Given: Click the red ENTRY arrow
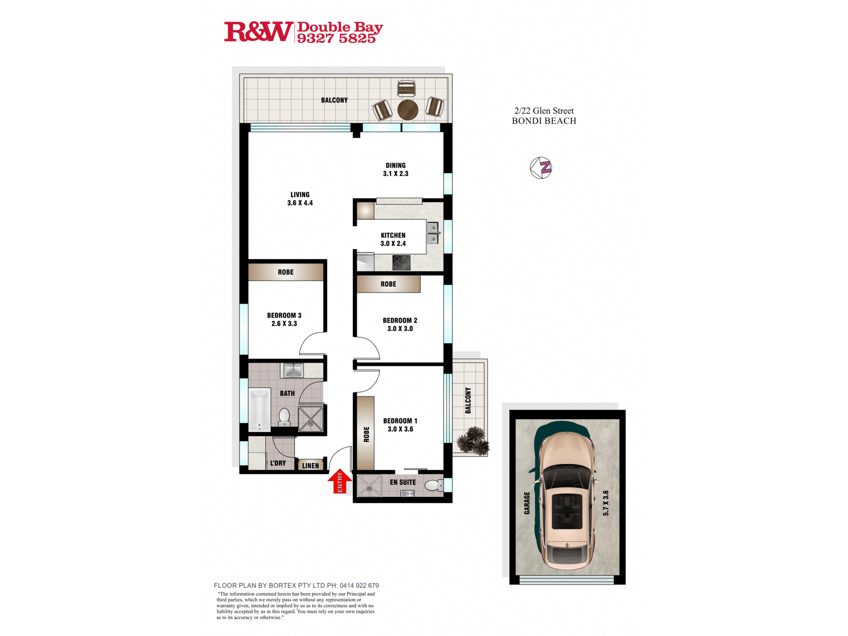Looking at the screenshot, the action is pos(340,481).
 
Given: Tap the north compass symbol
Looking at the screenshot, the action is pos(541,168).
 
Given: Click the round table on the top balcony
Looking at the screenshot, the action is pos(408,109).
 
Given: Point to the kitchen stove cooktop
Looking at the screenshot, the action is pos(401,262).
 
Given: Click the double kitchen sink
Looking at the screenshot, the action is pos(432,233).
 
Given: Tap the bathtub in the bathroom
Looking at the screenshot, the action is pos(259,410).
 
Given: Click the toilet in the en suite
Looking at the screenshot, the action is pos(434,485).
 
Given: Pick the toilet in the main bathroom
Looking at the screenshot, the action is pos(284,416).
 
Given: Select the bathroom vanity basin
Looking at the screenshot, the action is pos(293,370).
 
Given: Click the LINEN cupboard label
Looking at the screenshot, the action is pos(310,466).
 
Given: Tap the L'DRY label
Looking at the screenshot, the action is pos(278,463).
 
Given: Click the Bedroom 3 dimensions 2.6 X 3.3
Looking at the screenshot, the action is pos(284,324).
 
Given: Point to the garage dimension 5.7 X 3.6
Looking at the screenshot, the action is pos(606,503).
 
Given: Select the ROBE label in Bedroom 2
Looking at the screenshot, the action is pos(388,284).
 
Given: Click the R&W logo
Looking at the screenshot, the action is pos(258,32).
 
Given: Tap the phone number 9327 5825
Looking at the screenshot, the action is pos(336,39).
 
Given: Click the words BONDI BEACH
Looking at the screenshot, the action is pos(544,121).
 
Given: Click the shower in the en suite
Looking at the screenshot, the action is pos(369,485).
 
